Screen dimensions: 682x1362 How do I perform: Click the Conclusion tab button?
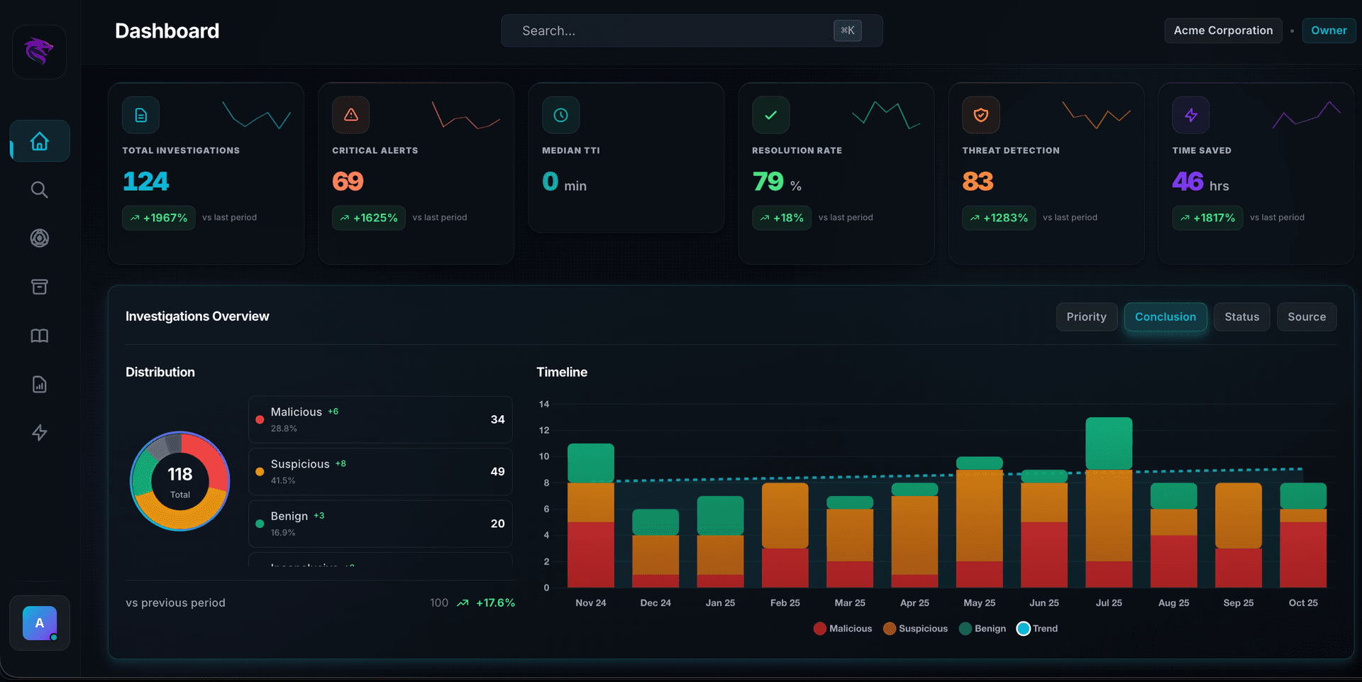pyautogui.click(x=1165, y=317)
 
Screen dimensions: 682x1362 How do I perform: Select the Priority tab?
pyautogui.click(x=1086, y=317)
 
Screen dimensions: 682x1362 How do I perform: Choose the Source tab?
pyautogui.click(x=1306, y=317)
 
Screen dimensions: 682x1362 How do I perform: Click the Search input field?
pyautogui.click(x=667, y=31)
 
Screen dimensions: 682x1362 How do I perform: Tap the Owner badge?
pyautogui.click(x=1328, y=31)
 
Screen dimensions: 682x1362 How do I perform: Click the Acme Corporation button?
pyautogui.click(x=1222, y=31)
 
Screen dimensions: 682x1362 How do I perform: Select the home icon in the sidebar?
pyautogui.click(x=40, y=141)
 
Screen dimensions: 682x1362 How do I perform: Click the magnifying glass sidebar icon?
pyautogui.click(x=40, y=189)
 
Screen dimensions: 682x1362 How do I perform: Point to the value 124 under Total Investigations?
pyautogui.click(x=145, y=182)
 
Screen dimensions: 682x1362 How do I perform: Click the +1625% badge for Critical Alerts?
pyautogui.click(x=368, y=218)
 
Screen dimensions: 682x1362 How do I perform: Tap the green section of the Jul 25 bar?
pyautogui.click(x=1108, y=444)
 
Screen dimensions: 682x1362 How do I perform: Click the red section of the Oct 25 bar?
pyautogui.click(x=1302, y=555)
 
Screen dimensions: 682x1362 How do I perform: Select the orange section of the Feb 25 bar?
pyautogui.click(x=785, y=515)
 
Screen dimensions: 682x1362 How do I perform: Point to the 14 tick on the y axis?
pyautogui.click(x=544, y=405)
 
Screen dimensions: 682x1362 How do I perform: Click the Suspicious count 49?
pyautogui.click(x=497, y=472)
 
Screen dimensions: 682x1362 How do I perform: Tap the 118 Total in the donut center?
pyautogui.click(x=180, y=481)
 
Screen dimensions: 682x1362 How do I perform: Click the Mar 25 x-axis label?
pyautogui.click(x=849, y=603)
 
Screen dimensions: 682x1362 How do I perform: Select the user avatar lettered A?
pyautogui.click(x=40, y=623)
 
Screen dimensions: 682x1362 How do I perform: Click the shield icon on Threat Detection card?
pyautogui.click(x=980, y=115)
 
